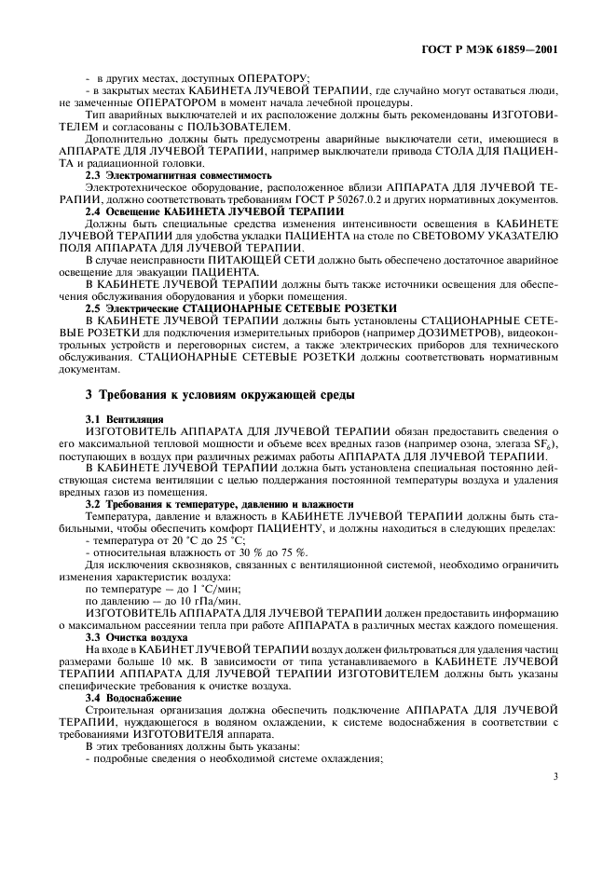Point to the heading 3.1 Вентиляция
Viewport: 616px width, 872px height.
(124, 420)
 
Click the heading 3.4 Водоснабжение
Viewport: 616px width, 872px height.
(132, 696)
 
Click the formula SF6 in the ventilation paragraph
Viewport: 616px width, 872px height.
(546, 446)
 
